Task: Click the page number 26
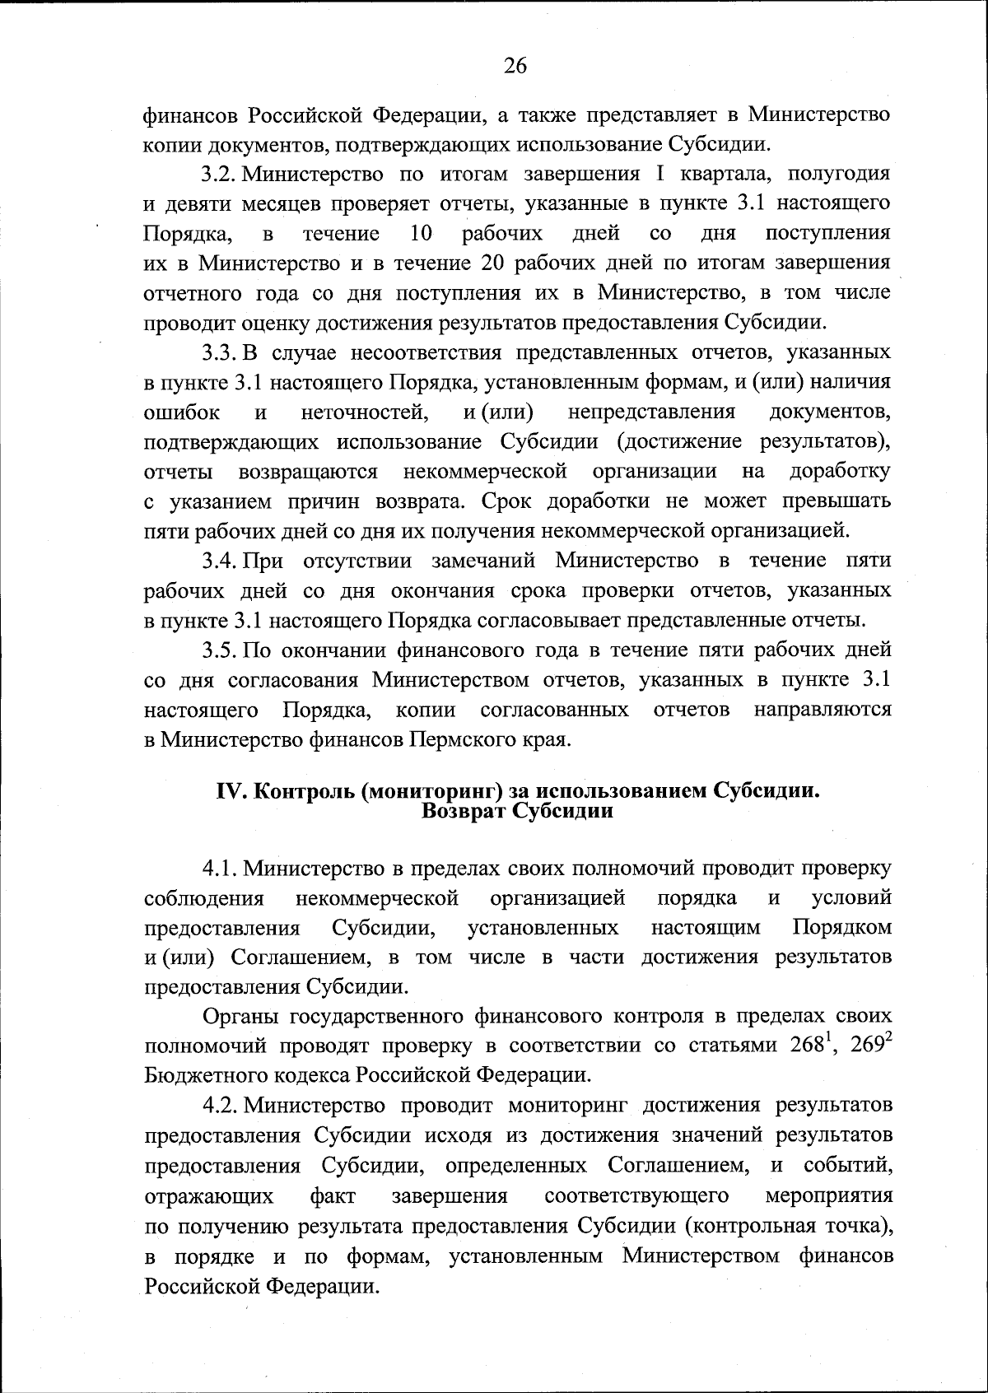[515, 67]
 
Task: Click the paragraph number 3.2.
[219, 174]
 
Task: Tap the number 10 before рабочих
[421, 234]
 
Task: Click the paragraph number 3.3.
[219, 353]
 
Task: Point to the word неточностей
[363, 412]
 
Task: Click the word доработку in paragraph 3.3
[840, 472]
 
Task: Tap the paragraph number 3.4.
[219, 561]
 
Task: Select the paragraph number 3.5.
[219, 650]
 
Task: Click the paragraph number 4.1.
[219, 869]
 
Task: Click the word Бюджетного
[203, 1076]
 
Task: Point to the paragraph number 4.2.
[219, 1106]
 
